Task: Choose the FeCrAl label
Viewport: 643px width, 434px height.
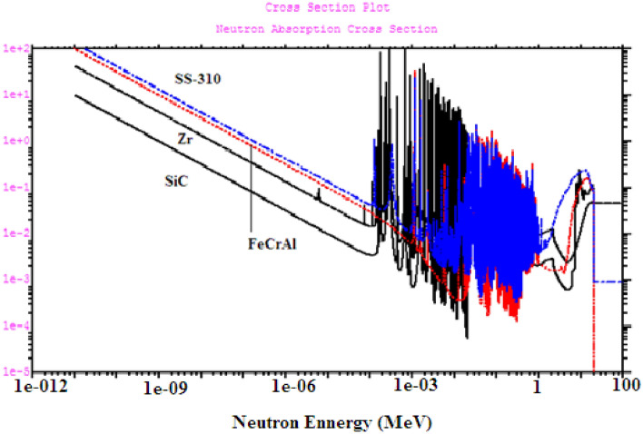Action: coord(270,243)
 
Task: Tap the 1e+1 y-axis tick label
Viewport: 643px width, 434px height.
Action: coord(15,94)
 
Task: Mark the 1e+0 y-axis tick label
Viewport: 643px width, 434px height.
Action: coord(15,141)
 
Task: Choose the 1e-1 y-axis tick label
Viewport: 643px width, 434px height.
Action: coord(15,187)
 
